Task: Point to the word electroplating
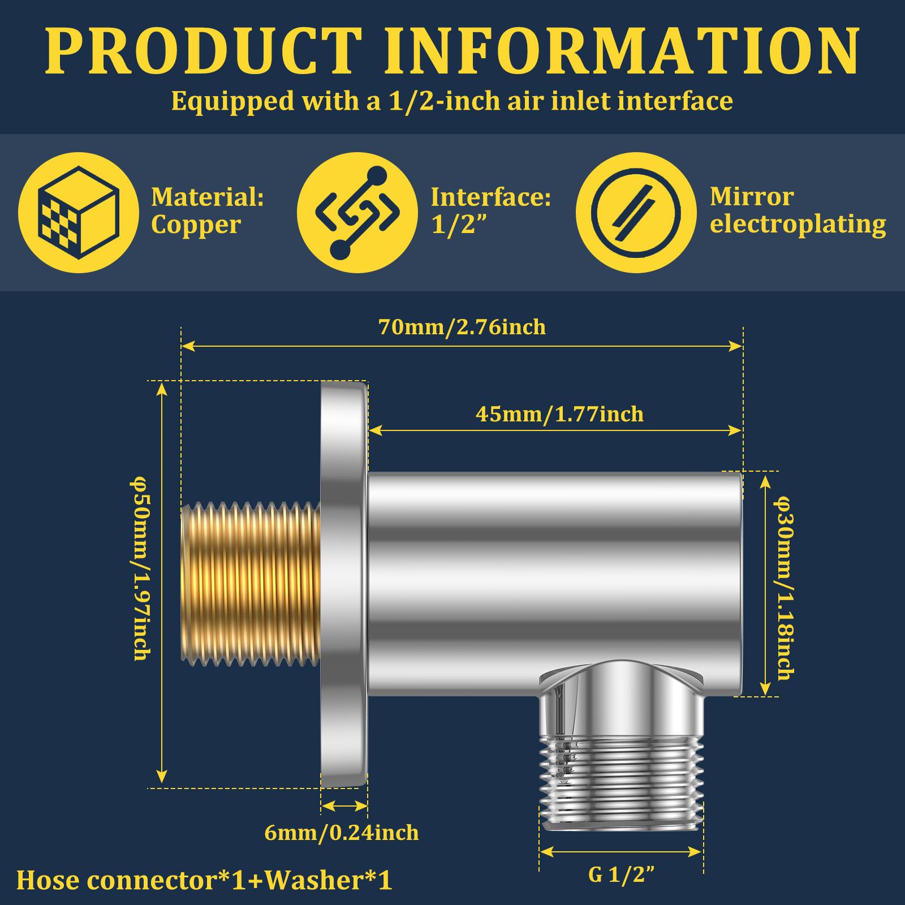[x=798, y=225]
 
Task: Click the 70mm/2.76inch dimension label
[x=462, y=327]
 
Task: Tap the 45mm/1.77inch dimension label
[x=559, y=414]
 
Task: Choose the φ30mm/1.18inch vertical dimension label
[x=784, y=588]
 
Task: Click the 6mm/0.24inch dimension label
[x=342, y=833]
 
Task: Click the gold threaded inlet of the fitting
[x=251, y=581]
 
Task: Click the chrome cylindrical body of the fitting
[x=554, y=583]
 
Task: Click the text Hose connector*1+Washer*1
[x=204, y=881]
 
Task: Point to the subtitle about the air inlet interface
[x=452, y=101]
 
